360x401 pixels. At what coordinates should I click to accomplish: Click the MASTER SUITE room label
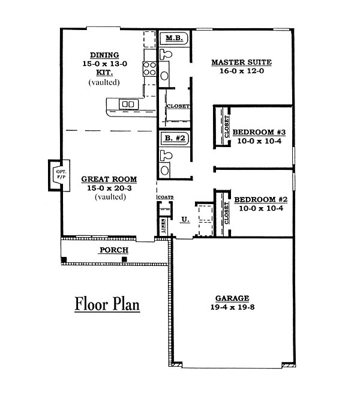coord(241,62)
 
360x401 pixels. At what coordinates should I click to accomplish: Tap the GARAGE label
coord(232,298)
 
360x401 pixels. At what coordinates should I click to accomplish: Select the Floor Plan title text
coord(107,304)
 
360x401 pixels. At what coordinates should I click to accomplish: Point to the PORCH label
coord(114,250)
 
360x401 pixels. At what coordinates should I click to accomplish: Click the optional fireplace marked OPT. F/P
coord(59,175)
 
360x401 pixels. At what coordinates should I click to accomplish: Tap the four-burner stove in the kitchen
coord(149,68)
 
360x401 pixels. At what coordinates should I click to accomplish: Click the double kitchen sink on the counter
coord(128,104)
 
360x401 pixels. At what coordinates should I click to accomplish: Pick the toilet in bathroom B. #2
coord(166,155)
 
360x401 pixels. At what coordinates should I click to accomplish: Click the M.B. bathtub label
coord(174,38)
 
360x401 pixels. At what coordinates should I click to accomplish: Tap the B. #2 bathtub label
coord(175,138)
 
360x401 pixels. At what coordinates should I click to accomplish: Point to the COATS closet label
coord(166,197)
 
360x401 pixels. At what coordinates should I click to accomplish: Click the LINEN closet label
coord(163,226)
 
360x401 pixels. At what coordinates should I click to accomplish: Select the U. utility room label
coord(185,220)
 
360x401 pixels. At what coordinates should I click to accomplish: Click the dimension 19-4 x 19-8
coord(232,307)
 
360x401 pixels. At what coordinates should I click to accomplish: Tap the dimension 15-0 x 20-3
coord(109,188)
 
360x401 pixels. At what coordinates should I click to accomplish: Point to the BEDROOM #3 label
coord(259,132)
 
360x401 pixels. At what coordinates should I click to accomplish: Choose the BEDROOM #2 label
coord(261,199)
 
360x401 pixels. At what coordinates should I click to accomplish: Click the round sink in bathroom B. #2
coord(164,170)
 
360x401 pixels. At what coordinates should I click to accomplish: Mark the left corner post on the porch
coord(64,259)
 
